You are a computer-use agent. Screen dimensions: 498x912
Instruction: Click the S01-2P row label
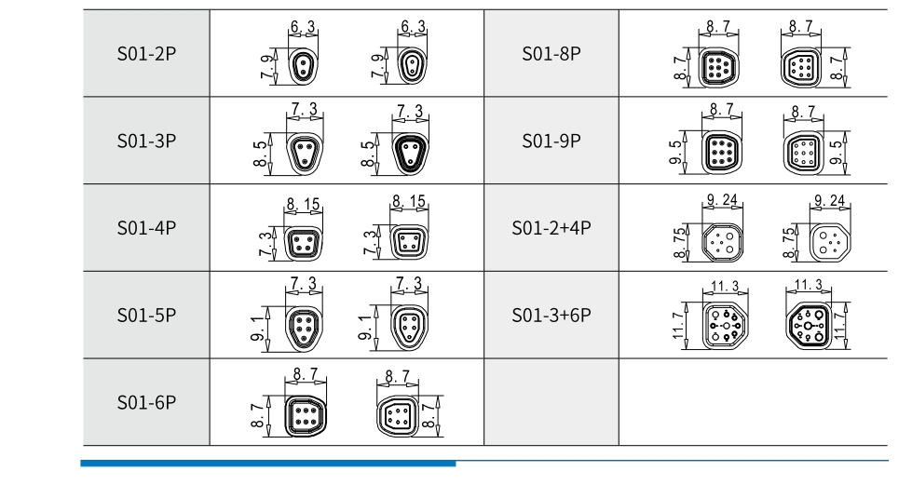[146, 54]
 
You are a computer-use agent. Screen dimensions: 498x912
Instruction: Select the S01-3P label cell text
[146, 141]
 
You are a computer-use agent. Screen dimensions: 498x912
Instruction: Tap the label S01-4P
[146, 228]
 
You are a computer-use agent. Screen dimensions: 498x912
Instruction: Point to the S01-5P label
[146, 316]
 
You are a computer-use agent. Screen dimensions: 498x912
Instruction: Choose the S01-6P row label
[146, 402]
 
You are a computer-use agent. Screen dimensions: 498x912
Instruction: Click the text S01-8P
[551, 54]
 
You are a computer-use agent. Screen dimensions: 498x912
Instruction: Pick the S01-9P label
[551, 141]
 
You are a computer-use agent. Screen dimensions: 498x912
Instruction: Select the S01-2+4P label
[551, 228]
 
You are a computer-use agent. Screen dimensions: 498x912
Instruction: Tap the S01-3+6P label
[551, 316]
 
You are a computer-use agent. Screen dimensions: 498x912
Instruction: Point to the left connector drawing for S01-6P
[303, 415]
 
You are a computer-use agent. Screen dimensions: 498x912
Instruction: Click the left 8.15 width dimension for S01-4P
[303, 203]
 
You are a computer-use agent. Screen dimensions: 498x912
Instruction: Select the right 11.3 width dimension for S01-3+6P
[806, 284]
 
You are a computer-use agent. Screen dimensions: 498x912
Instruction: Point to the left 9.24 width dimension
[722, 199]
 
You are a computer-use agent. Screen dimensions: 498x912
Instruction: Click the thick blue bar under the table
[268, 463]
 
